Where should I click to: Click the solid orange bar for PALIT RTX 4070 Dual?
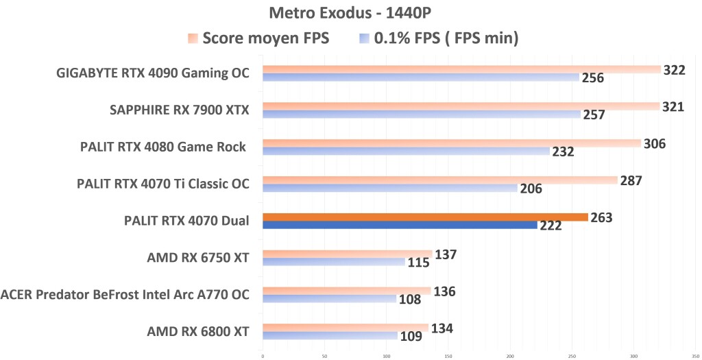coord(425,217)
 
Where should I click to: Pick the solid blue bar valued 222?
coord(400,225)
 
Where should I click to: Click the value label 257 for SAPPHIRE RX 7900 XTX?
coord(594,115)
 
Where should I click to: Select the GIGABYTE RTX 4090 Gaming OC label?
coord(152,73)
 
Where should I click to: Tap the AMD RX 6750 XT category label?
coord(197,258)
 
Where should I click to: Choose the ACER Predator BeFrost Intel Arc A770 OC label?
coord(125,295)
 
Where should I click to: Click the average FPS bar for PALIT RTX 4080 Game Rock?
coord(451,143)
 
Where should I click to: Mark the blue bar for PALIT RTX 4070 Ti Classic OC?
coord(389,188)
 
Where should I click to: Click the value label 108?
coord(410,300)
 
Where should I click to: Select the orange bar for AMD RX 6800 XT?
coord(345,328)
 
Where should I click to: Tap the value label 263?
coord(601,217)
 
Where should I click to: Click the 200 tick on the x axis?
coord(510,356)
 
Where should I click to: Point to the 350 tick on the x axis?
coord(695,356)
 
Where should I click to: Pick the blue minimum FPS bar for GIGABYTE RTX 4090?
coord(420,77)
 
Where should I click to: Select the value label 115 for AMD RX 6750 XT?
coord(418,263)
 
